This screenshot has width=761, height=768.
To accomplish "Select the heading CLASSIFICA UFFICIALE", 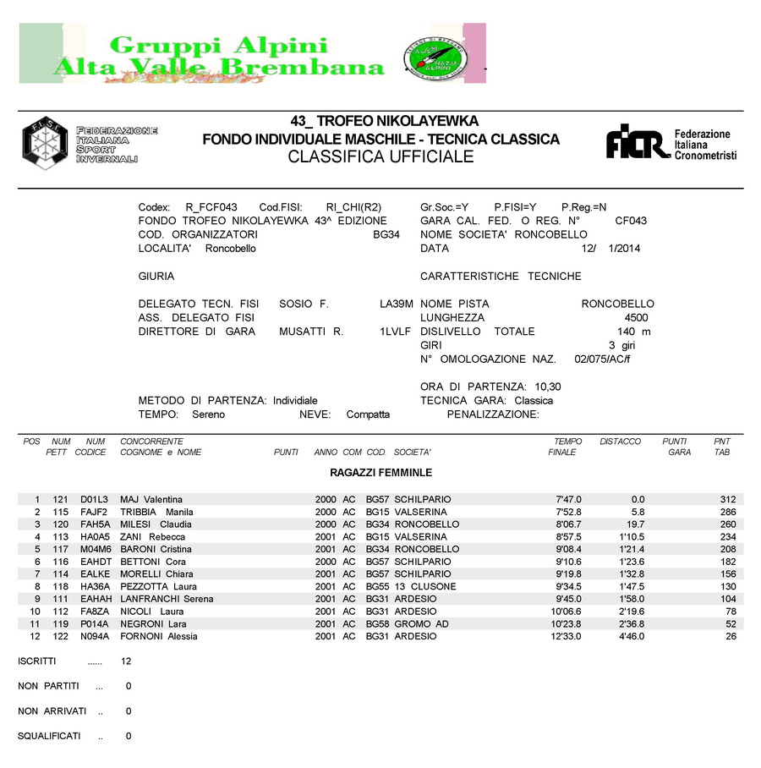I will (380, 157).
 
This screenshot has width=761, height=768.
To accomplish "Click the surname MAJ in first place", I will (129, 500).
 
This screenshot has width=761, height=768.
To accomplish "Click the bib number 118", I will (60, 587).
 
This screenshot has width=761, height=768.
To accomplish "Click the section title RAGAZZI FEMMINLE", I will (375, 473).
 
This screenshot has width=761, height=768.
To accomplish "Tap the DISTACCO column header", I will (620, 442).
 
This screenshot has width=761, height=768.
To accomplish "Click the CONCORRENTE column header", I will (151, 442).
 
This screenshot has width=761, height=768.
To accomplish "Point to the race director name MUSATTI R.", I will (311, 332).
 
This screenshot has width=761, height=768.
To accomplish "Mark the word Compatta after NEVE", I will (368, 414).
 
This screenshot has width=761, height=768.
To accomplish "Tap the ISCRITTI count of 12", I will (126, 661).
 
